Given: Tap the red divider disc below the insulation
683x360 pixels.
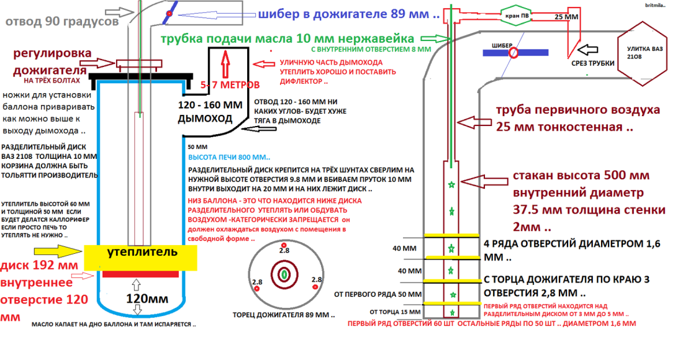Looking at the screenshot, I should tap(141, 274).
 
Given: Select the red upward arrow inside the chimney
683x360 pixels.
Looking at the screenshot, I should tap(225, 60).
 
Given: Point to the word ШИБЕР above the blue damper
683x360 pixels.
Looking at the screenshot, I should tap(502, 44).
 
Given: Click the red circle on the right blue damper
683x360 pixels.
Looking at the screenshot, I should tap(513, 54).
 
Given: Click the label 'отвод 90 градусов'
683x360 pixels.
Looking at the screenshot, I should tap(62, 22).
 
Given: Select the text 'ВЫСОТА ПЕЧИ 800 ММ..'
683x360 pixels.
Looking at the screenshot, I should tap(229, 158).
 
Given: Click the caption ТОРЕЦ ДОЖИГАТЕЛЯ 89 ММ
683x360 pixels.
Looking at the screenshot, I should tap(279, 314).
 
